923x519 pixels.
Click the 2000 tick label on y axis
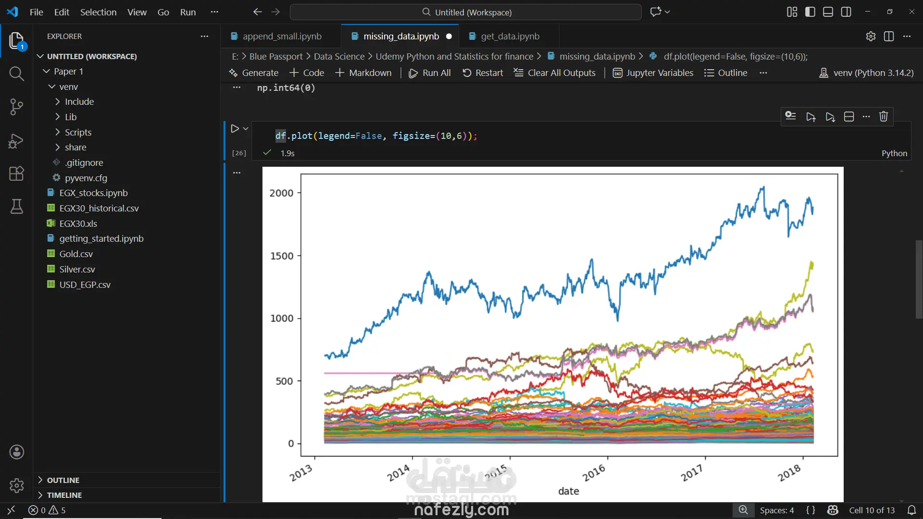(x=281, y=193)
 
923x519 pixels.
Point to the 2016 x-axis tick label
(x=594, y=473)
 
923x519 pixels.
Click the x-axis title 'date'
(x=569, y=491)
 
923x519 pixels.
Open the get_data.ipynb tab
(x=510, y=37)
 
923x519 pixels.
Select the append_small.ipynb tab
(x=282, y=37)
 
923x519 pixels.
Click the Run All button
(x=430, y=73)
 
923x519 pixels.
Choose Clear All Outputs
(x=555, y=73)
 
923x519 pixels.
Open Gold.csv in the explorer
(x=76, y=254)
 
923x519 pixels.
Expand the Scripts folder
(x=78, y=132)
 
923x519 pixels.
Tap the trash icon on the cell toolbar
(x=884, y=117)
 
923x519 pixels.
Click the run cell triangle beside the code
(x=235, y=129)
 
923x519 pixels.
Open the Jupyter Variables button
(x=653, y=73)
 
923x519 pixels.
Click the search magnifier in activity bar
(x=16, y=74)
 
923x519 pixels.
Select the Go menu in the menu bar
(x=163, y=12)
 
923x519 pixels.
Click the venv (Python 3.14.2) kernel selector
(x=866, y=73)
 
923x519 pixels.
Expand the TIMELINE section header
(x=64, y=495)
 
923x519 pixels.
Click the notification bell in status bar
(x=911, y=510)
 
